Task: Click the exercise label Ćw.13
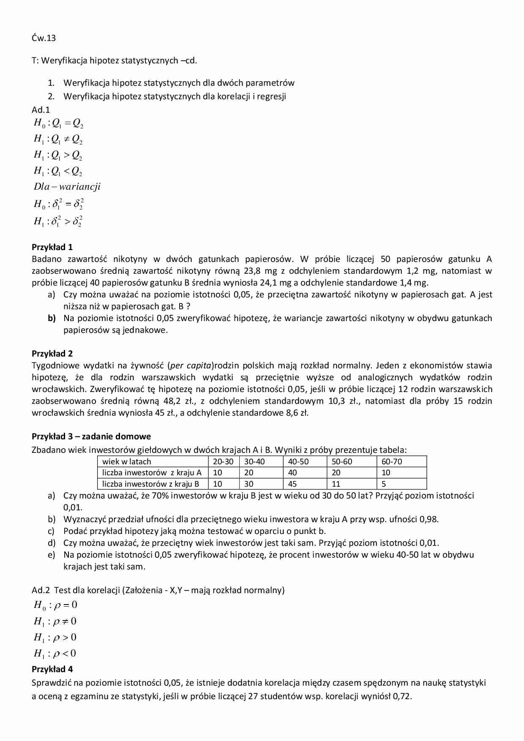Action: [x=44, y=38]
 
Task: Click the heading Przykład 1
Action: [x=52, y=247]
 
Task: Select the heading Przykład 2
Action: [x=52, y=354]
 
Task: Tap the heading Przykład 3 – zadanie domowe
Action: [x=91, y=436]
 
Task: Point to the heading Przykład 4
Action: [x=52, y=669]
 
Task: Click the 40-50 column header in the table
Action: [x=298, y=462]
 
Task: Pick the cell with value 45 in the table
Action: [x=292, y=484]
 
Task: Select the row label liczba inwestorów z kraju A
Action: [x=152, y=473]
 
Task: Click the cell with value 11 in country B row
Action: [x=336, y=484]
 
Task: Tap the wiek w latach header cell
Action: [x=126, y=462]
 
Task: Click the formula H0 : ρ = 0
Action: [x=55, y=605]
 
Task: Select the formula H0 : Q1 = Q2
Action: [x=58, y=123]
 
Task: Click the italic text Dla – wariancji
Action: [x=67, y=187]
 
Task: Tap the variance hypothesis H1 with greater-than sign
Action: [x=58, y=221]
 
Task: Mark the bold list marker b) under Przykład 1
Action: [x=52, y=318]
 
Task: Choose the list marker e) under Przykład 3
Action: [x=52, y=555]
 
